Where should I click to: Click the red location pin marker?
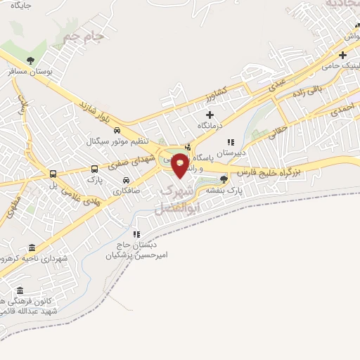[181, 165]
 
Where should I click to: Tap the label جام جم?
[84, 35]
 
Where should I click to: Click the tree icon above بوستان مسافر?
[30, 60]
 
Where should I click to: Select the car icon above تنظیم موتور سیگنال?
[117, 130]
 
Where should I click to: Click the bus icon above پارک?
[94, 169]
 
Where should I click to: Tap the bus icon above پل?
[53, 174]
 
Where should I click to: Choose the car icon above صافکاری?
[127, 179]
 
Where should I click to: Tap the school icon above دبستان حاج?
[137, 233]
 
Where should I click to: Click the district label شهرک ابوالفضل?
[172, 199]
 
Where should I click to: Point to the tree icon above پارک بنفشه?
[224, 179]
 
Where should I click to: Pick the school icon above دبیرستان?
[231, 142]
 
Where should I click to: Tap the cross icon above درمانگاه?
[209, 114]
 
